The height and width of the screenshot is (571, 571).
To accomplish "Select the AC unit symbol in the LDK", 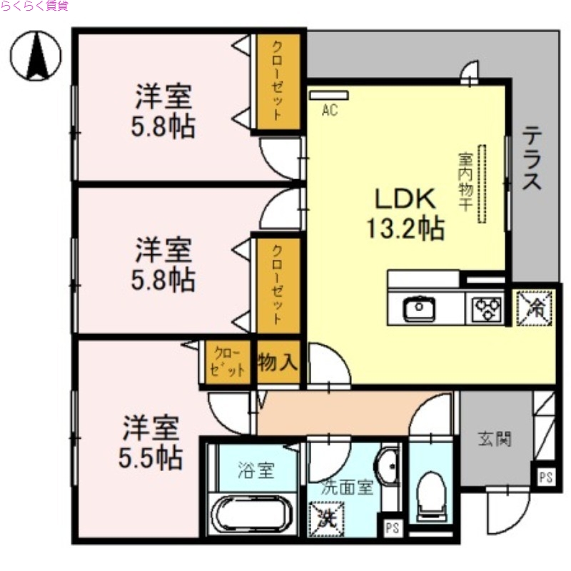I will point(328,95).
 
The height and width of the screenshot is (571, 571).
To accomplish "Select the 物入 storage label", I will point(278,362).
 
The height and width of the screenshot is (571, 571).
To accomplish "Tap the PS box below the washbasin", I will point(390,529).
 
